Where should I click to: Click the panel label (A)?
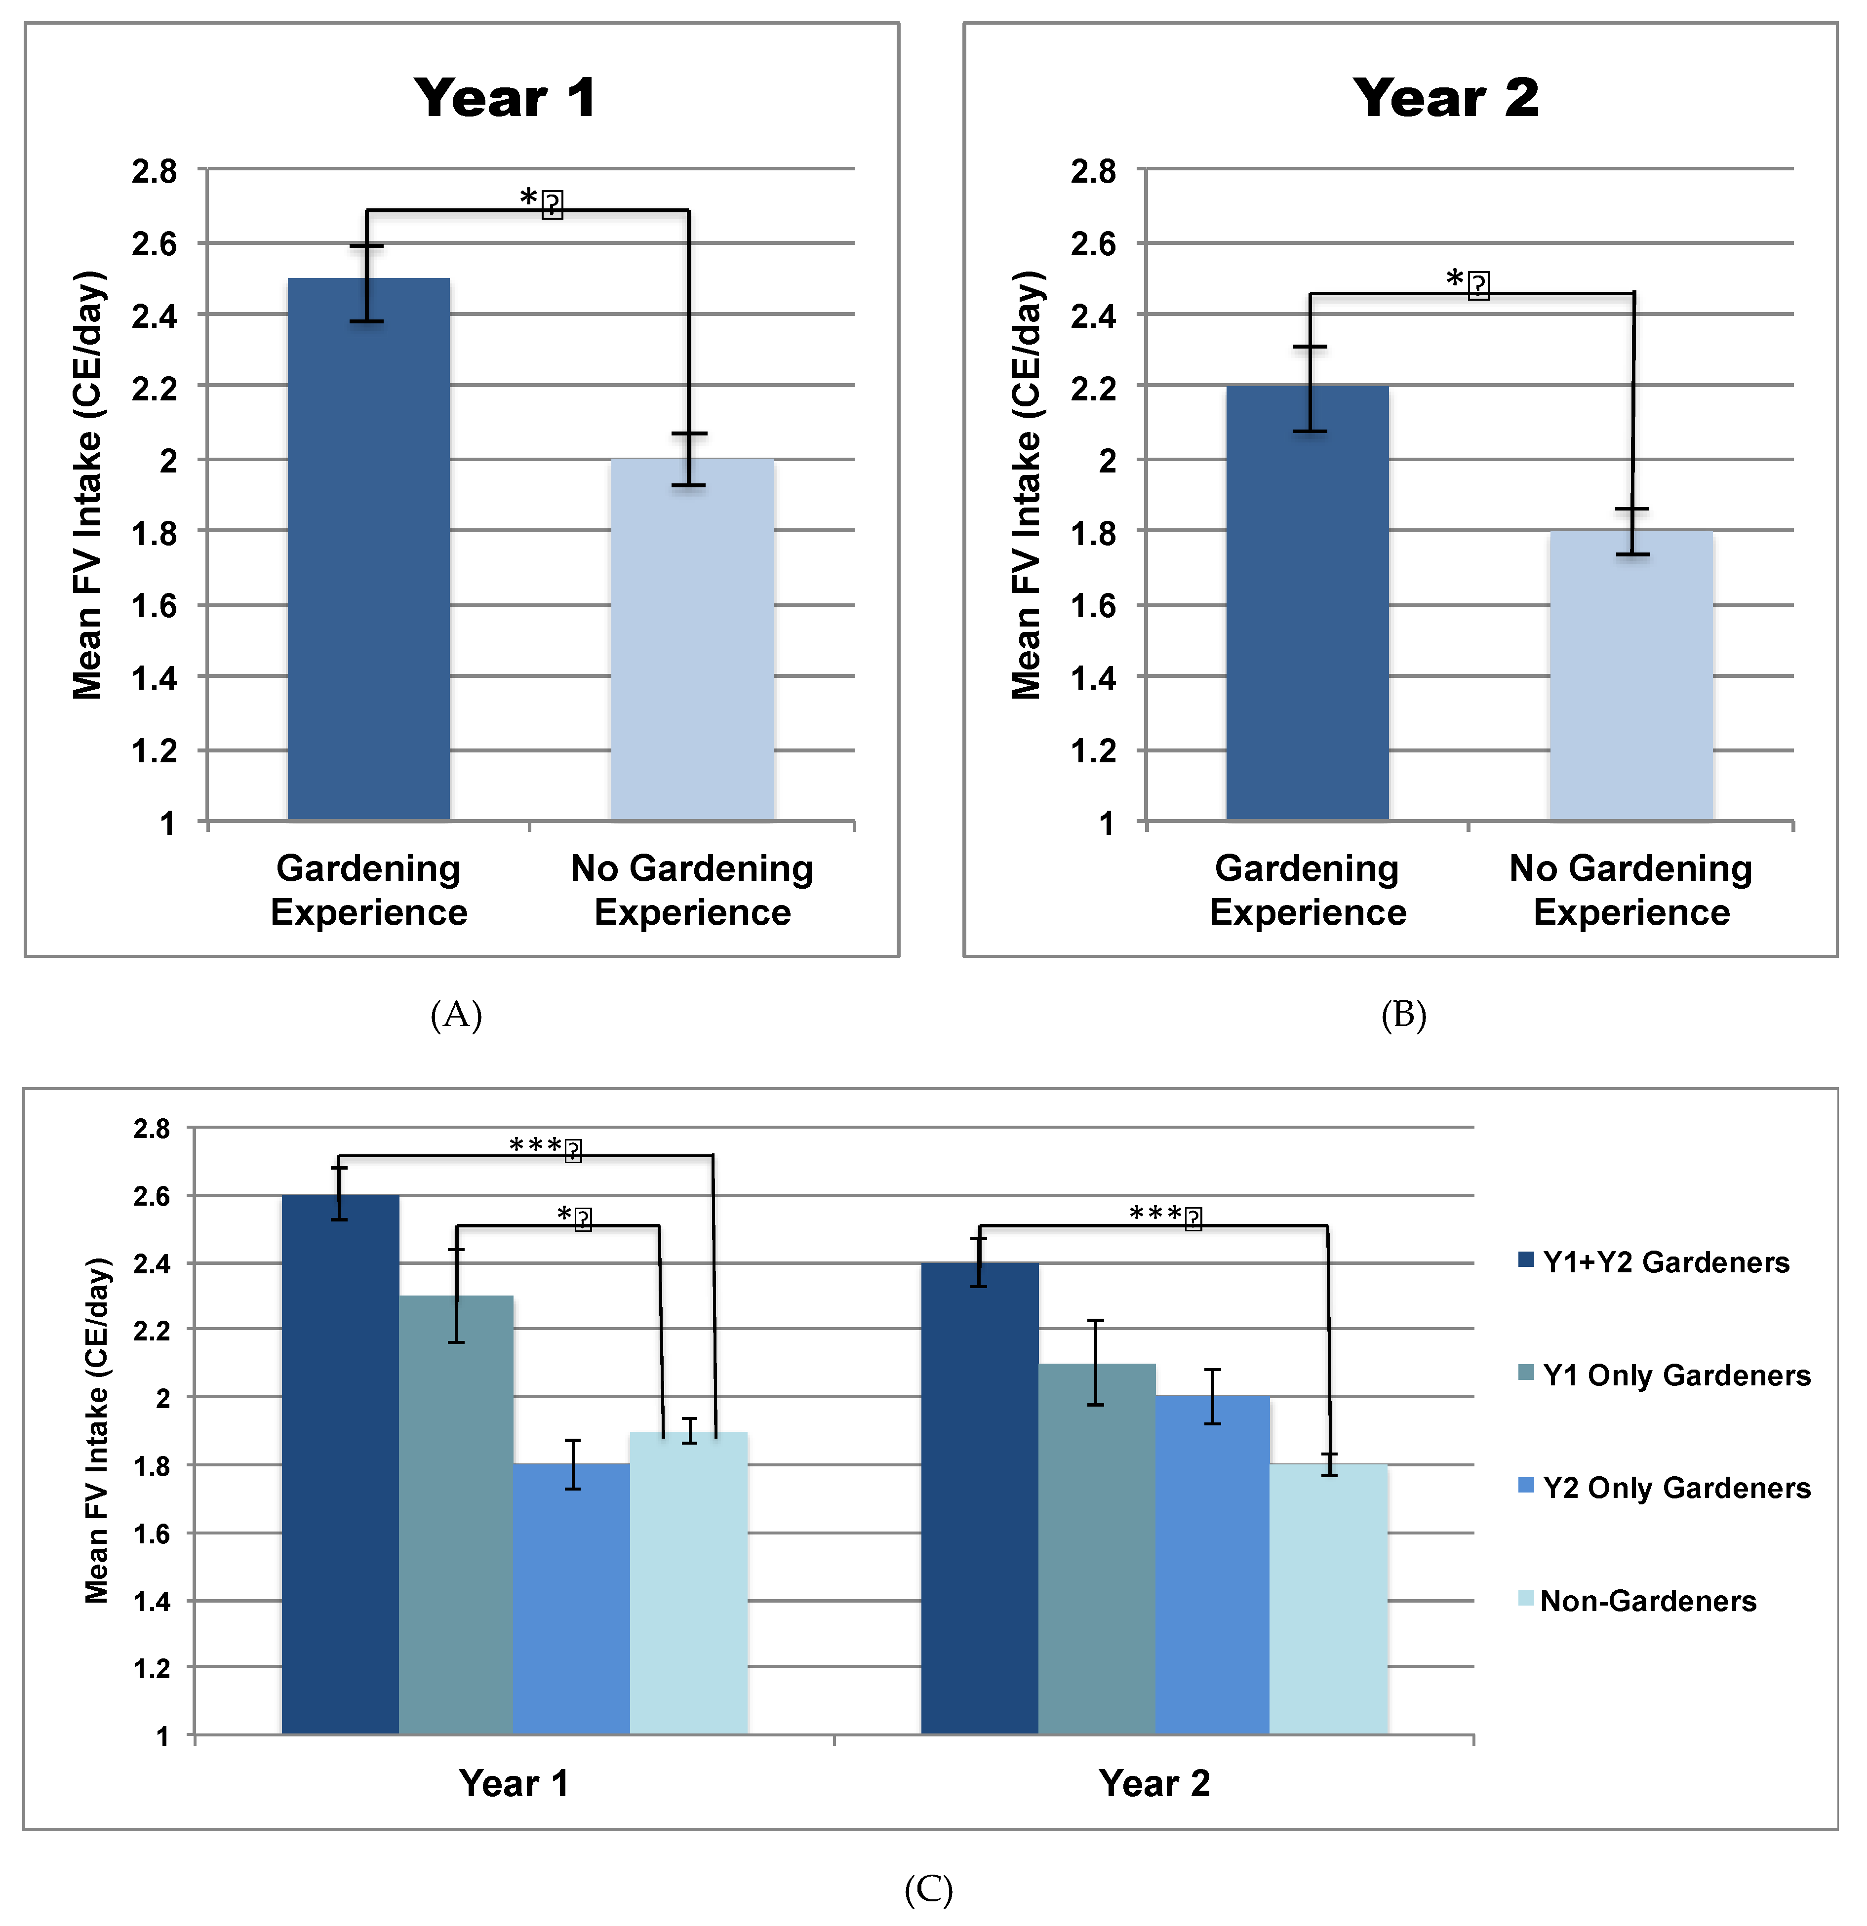456,1014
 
